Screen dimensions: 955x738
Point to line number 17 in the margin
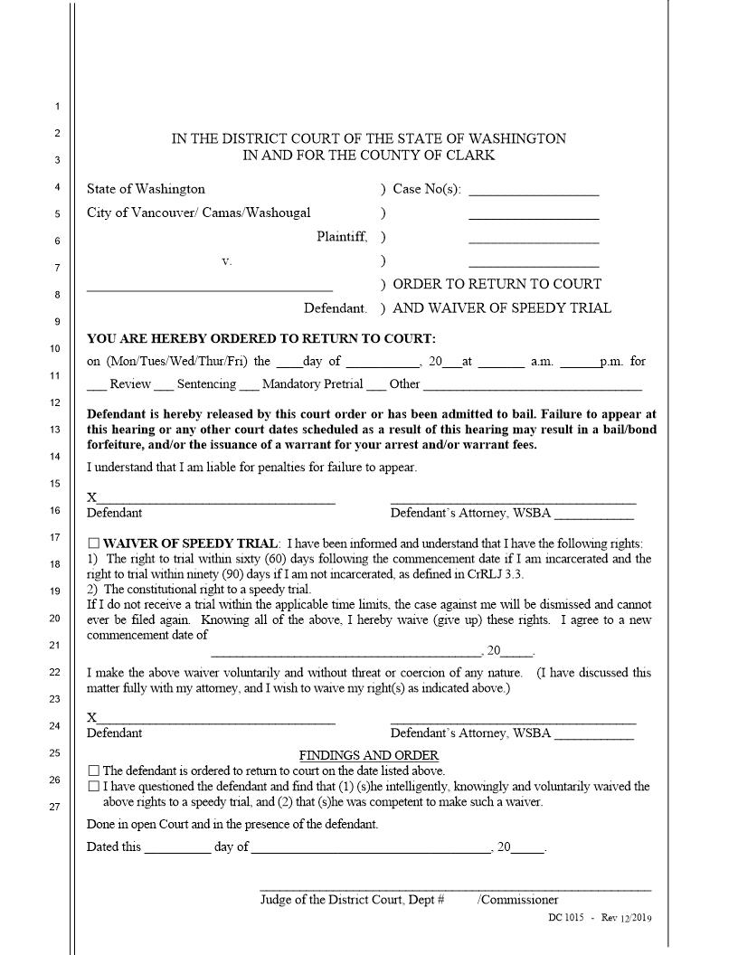(x=55, y=537)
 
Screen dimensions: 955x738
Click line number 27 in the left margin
(x=55, y=807)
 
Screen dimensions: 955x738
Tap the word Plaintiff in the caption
(x=342, y=237)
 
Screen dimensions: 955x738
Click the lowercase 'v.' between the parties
(x=226, y=260)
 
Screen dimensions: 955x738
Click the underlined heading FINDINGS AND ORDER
(x=369, y=755)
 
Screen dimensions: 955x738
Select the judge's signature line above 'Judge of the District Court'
(x=455, y=890)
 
